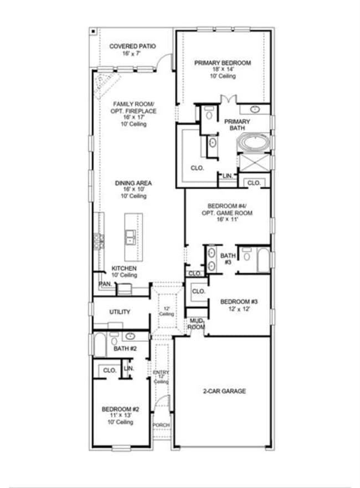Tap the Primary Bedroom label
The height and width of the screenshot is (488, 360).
coord(222,63)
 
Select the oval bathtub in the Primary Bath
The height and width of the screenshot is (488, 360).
coord(254,143)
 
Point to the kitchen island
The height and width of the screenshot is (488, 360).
coord(131,237)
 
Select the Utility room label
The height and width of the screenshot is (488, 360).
coord(120,312)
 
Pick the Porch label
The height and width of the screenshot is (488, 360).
coord(161,425)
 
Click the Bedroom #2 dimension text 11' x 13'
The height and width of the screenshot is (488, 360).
coord(120,416)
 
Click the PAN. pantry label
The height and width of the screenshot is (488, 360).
coord(105,284)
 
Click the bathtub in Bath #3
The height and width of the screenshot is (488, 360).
coord(263,259)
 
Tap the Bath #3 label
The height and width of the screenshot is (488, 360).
coord(228,259)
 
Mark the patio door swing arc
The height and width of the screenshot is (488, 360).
coord(164,61)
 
